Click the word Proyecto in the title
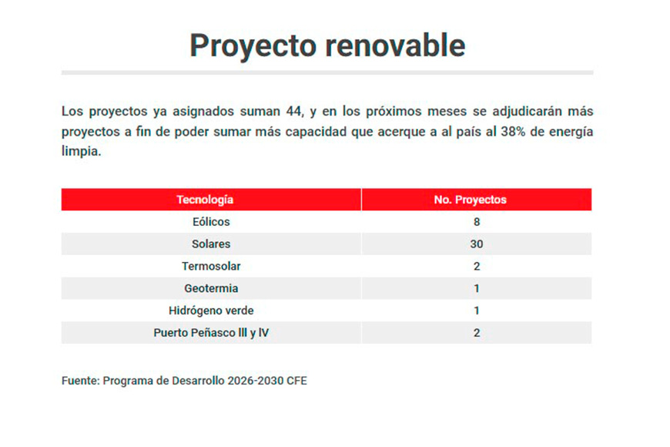[x=253, y=46]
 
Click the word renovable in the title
[x=395, y=45]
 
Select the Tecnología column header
[x=205, y=200]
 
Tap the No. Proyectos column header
[x=470, y=200]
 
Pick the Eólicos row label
[x=211, y=222]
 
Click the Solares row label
[x=211, y=244]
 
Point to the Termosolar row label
[x=211, y=266]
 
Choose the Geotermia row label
[x=211, y=288]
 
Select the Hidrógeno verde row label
[x=211, y=311]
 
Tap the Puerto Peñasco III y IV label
[x=211, y=333]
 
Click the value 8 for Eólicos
[x=477, y=222]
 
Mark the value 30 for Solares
[x=477, y=244]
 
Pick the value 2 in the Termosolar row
[x=477, y=266]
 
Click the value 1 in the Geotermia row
[x=477, y=288]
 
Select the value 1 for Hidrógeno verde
[x=477, y=311]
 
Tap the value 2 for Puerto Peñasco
[x=477, y=333]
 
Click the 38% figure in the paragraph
[x=513, y=131]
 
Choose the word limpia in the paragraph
[x=81, y=151]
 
